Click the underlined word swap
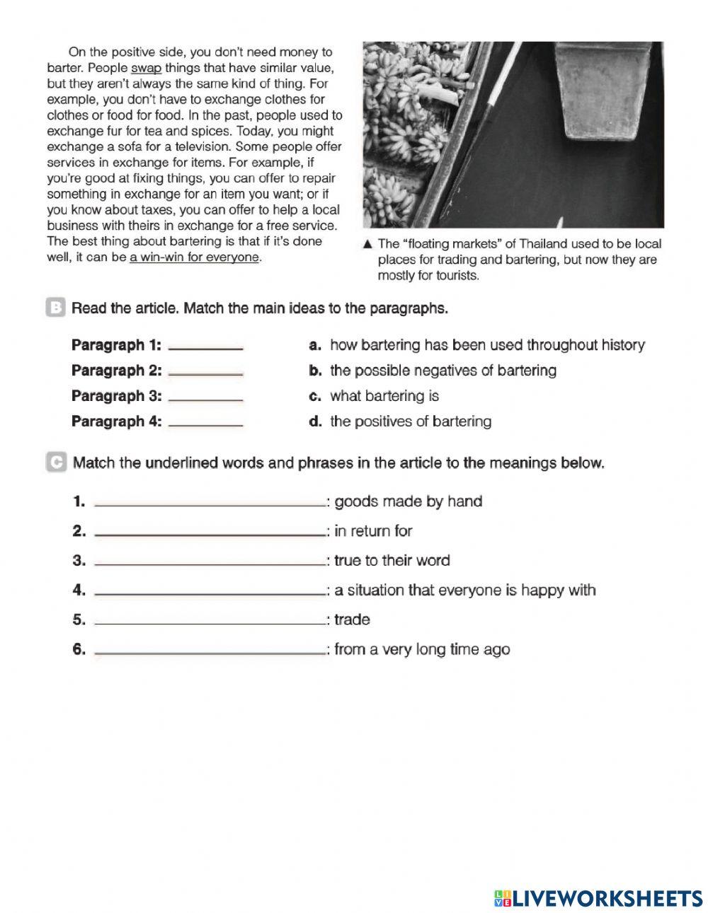[x=147, y=69]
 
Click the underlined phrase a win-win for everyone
[x=195, y=257]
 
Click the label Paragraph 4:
[x=116, y=421]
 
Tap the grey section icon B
[x=55, y=308]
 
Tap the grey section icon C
[x=55, y=463]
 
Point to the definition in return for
[x=373, y=531]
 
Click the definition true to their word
[x=392, y=561]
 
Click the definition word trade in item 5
[x=352, y=620]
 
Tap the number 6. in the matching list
[x=79, y=649]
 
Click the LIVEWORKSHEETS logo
[x=598, y=898]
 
